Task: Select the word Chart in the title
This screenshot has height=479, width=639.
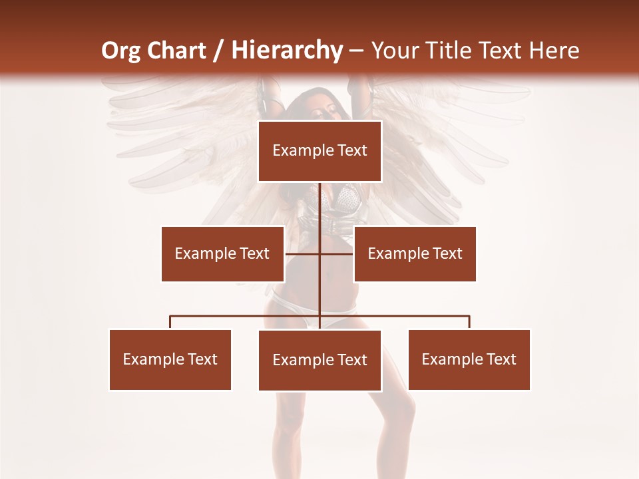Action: click(x=174, y=51)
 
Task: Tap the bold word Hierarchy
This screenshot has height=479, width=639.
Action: click(x=287, y=51)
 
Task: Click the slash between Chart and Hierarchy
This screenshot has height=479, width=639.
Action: click(x=218, y=51)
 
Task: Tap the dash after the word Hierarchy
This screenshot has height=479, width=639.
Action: click(x=356, y=51)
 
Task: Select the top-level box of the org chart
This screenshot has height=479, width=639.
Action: click(x=319, y=151)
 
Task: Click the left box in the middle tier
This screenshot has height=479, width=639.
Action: click(x=222, y=253)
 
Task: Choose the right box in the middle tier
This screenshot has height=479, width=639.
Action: click(x=415, y=253)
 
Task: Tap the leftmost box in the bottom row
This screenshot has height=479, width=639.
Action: click(x=170, y=359)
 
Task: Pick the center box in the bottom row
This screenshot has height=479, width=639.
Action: click(x=319, y=360)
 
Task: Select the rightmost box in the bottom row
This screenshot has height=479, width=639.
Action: click(x=469, y=359)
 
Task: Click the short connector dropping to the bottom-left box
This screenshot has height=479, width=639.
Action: click(x=170, y=322)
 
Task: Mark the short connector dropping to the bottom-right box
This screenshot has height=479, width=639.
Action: click(x=469, y=322)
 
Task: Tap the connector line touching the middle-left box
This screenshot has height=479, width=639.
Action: click(x=302, y=253)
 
